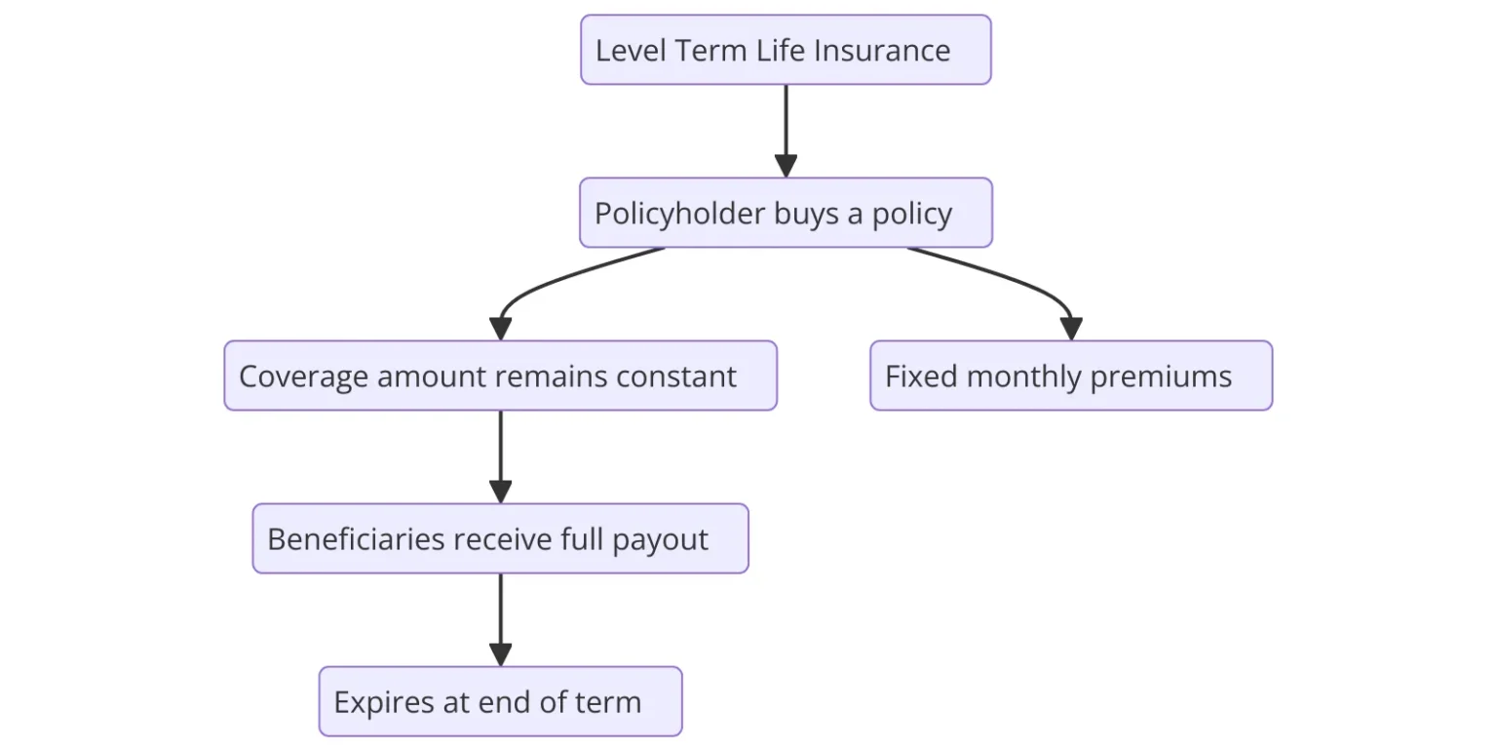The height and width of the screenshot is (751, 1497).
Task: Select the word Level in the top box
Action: (x=630, y=50)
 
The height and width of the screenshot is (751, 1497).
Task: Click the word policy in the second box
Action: (x=911, y=214)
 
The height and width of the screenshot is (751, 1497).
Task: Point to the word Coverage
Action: (x=303, y=376)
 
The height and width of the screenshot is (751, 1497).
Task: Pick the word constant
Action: (x=675, y=376)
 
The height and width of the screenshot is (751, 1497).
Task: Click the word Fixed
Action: (x=921, y=376)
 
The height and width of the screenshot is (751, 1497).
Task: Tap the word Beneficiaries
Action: (x=355, y=539)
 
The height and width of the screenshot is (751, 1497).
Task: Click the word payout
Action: (x=660, y=540)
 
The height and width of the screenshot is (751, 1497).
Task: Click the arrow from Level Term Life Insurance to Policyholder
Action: (x=786, y=131)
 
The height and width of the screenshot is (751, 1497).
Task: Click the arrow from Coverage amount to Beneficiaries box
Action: (x=501, y=456)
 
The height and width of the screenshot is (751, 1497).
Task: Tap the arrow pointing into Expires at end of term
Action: (x=501, y=620)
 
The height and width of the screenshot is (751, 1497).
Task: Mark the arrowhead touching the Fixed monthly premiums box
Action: (x=1071, y=329)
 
